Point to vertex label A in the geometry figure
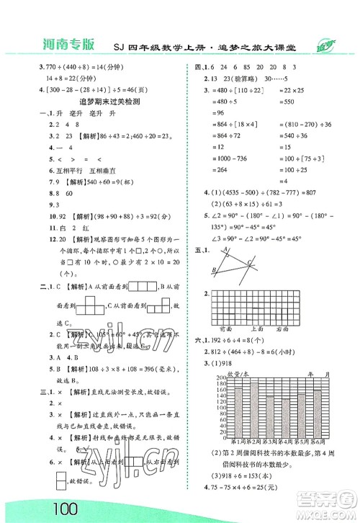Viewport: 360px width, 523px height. (x=226, y=243)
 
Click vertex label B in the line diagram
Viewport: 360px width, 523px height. (x=215, y=270)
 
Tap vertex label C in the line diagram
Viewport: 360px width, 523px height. (x=248, y=261)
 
